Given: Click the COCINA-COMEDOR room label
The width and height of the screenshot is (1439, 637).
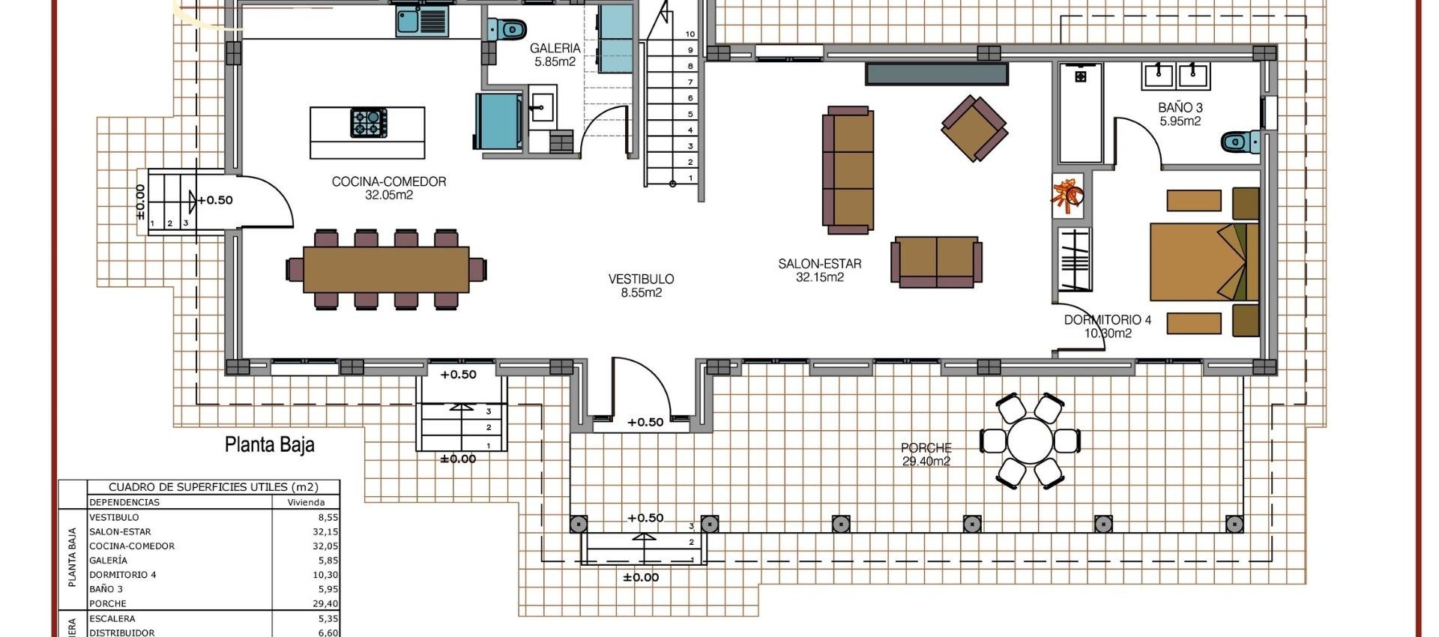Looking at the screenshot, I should [389, 188].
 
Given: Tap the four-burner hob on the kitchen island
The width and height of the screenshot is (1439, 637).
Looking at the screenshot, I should [369, 123].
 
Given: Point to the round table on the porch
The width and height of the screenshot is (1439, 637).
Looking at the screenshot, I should [1030, 441].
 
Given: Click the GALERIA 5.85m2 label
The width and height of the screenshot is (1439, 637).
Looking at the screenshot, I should [555, 55].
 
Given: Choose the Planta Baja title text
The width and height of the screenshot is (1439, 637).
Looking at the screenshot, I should [270, 444].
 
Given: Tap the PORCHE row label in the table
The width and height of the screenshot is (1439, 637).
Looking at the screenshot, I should [108, 603].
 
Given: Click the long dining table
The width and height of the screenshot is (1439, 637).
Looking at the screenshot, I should [386, 269].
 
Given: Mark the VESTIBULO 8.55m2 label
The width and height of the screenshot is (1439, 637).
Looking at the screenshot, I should [641, 286].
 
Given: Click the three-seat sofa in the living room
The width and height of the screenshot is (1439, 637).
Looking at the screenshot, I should [848, 169].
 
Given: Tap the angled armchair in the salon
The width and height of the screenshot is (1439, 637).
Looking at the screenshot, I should [974, 128].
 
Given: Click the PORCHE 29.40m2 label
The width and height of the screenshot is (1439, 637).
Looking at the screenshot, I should [926, 454].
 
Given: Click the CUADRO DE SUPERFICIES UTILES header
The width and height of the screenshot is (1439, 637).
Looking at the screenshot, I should [213, 487].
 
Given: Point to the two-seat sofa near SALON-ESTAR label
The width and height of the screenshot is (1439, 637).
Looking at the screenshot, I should [936, 262].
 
